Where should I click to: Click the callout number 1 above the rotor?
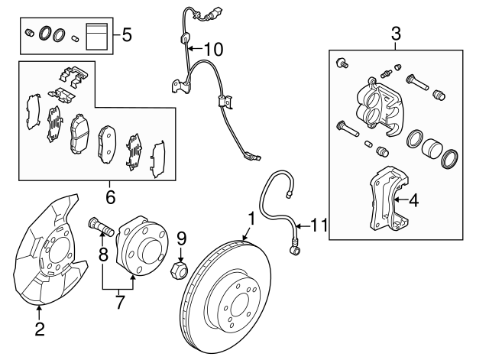pyautogui.click(x=250, y=219)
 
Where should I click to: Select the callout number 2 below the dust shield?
pyautogui.click(x=39, y=330)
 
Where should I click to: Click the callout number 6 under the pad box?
pyautogui.click(x=110, y=198)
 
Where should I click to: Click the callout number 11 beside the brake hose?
pyautogui.click(x=319, y=225)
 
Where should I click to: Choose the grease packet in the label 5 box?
pyautogui.click(x=96, y=36)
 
